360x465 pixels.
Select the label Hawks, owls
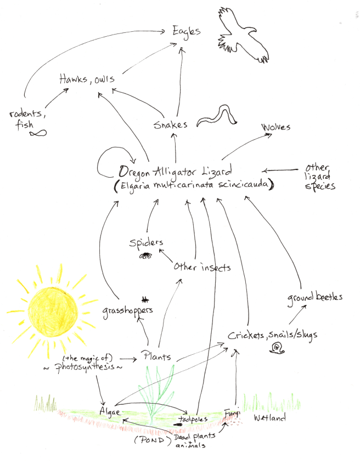click(x=87, y=80)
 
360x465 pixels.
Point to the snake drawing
click(x=217, y=116)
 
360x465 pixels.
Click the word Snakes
click(x=171, y=124)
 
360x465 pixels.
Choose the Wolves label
click(x=276, y=128)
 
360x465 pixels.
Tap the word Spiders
click(x=147, y=242)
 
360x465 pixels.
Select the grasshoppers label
click(x=127, y=311)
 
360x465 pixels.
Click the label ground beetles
click(x=314, y=297)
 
